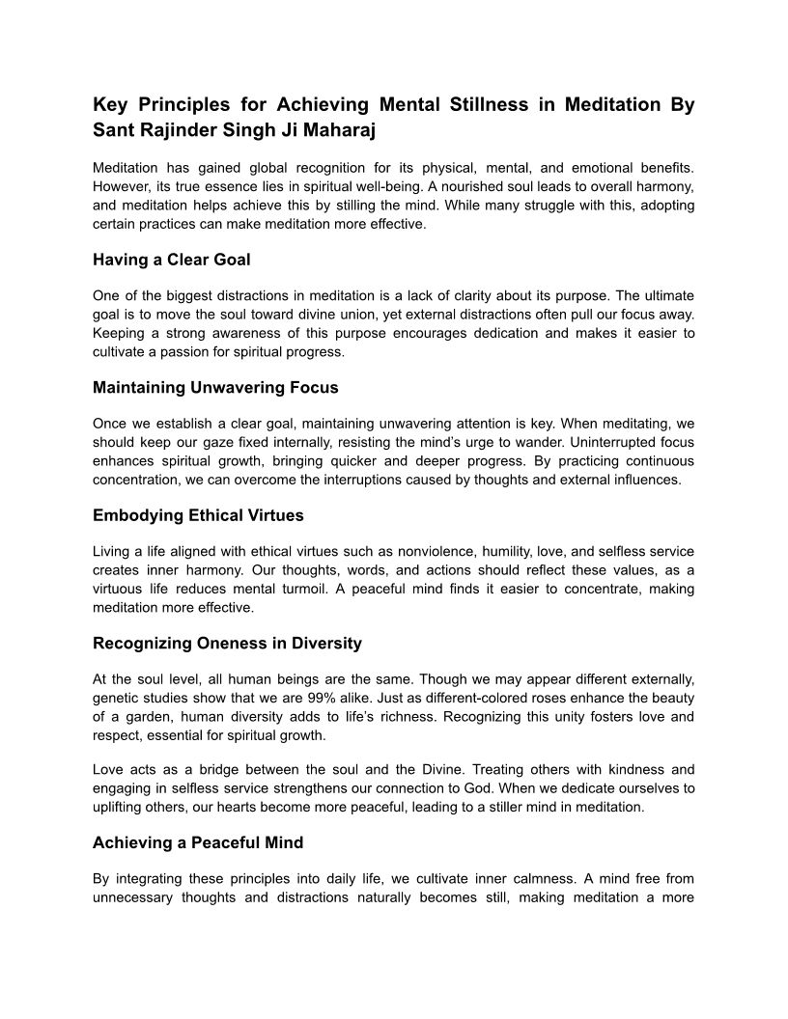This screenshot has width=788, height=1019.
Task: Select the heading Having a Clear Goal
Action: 171,260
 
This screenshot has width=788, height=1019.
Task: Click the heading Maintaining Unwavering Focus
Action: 215,388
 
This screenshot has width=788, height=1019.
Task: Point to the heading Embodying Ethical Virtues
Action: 198,515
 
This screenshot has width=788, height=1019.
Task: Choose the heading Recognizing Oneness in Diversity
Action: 227,643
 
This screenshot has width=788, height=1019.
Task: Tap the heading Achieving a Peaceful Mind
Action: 198,842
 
